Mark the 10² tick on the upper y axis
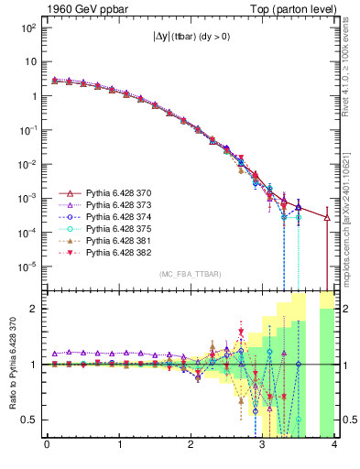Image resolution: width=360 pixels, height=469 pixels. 29,27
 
